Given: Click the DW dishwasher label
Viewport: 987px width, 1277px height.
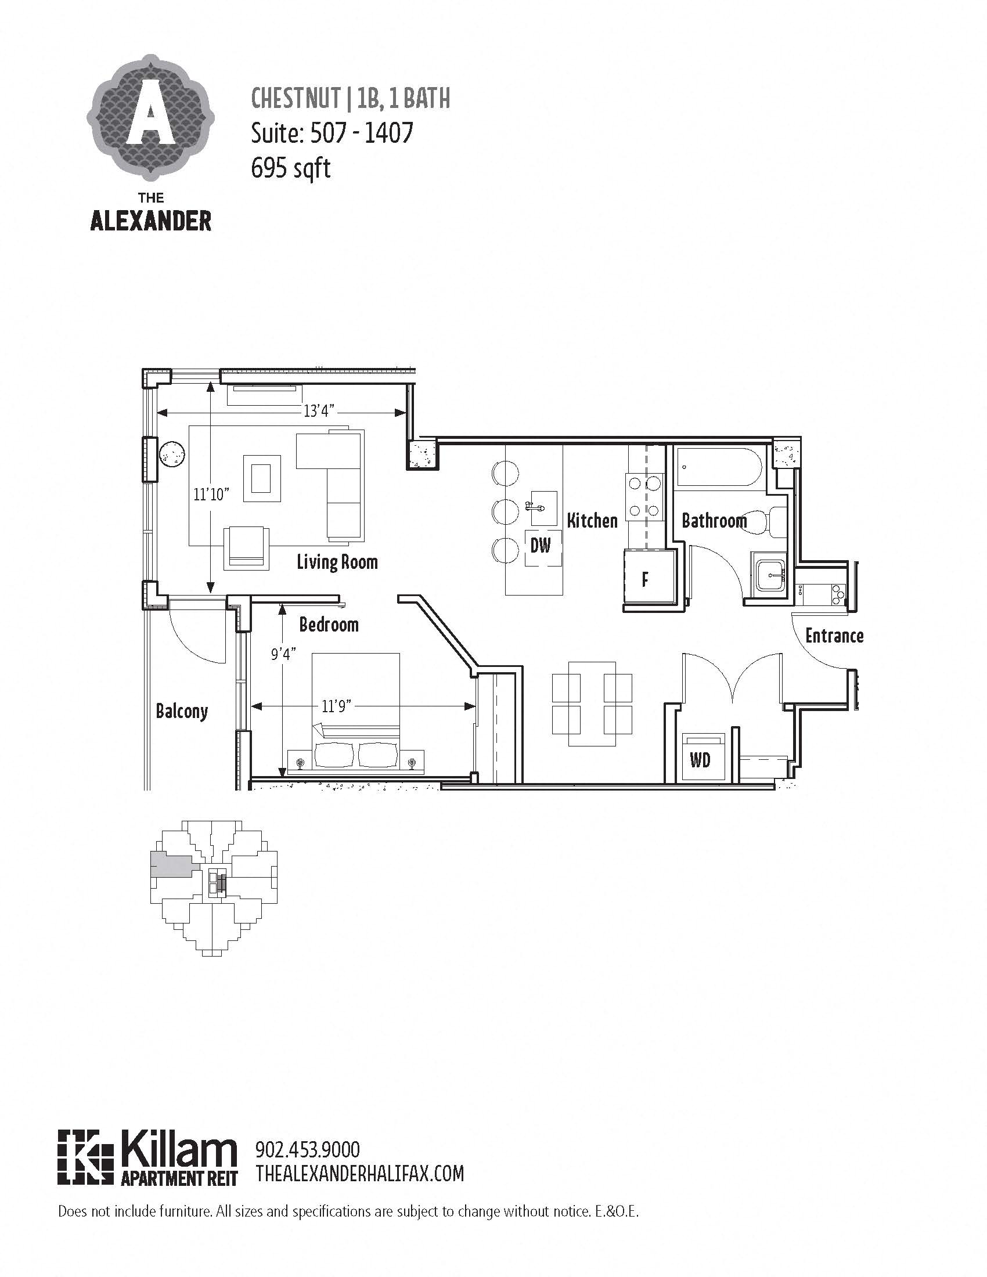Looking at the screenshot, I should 541,546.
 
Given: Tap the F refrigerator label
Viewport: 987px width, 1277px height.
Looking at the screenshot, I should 645,579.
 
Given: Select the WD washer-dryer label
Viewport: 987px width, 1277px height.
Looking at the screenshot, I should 700,760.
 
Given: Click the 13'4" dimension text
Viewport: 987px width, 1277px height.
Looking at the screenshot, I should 318,411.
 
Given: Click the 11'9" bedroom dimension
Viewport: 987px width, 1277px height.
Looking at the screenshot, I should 336,706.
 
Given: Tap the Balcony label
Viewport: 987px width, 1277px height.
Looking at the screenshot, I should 182,711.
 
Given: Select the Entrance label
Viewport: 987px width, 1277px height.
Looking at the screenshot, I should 834,636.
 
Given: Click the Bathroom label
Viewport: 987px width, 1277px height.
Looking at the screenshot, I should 714,520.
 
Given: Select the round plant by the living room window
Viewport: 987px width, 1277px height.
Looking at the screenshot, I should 172,453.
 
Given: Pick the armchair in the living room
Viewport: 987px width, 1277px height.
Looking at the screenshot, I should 247,547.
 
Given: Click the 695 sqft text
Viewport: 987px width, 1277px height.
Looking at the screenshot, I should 291,168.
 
